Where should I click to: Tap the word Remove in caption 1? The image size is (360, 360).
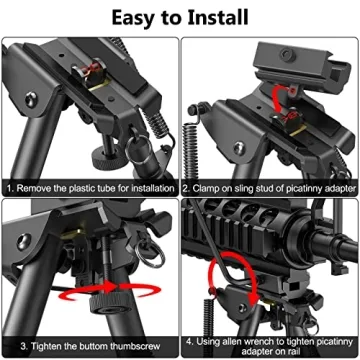tap(38, 186)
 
